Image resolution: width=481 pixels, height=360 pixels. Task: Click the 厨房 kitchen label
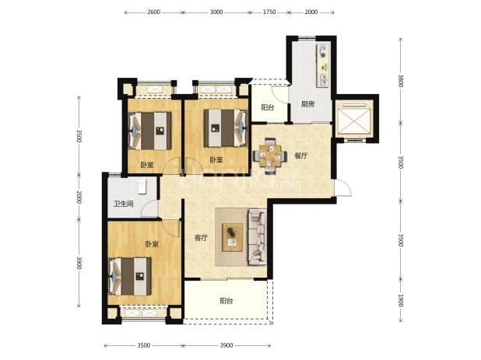(x=307, y=104)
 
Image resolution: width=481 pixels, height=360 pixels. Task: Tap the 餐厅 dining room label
(x=301, y=156)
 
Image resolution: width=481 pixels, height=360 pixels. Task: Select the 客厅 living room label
(x=202, y=238)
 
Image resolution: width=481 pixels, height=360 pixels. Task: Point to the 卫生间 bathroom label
(x=124, y=204)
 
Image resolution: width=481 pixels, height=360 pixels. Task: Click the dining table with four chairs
(x=270, y=156)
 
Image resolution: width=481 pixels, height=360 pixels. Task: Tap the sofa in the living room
(x=257, y=236)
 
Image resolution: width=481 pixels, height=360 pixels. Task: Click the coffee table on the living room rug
(x=232, y=237)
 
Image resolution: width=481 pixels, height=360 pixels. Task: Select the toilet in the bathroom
(x=142, y=187)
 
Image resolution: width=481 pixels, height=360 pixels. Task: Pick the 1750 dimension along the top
(x=269, y=12)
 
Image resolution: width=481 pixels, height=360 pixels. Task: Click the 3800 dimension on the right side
(x=400, y=81)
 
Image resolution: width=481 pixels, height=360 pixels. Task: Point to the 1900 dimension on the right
(x=400, y=300)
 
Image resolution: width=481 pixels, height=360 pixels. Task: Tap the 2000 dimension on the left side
(x=79, y=197)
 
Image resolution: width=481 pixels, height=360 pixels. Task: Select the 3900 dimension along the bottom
(x=226, y=345)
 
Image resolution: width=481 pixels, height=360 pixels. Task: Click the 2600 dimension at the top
(x=153, y=12)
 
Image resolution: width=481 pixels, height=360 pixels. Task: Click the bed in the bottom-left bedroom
(x=130, y=277)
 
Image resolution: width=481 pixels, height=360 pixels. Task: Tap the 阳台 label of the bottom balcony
(x=226, y=301)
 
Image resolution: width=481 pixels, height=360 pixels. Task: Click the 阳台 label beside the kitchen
(x=268, y=107)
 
